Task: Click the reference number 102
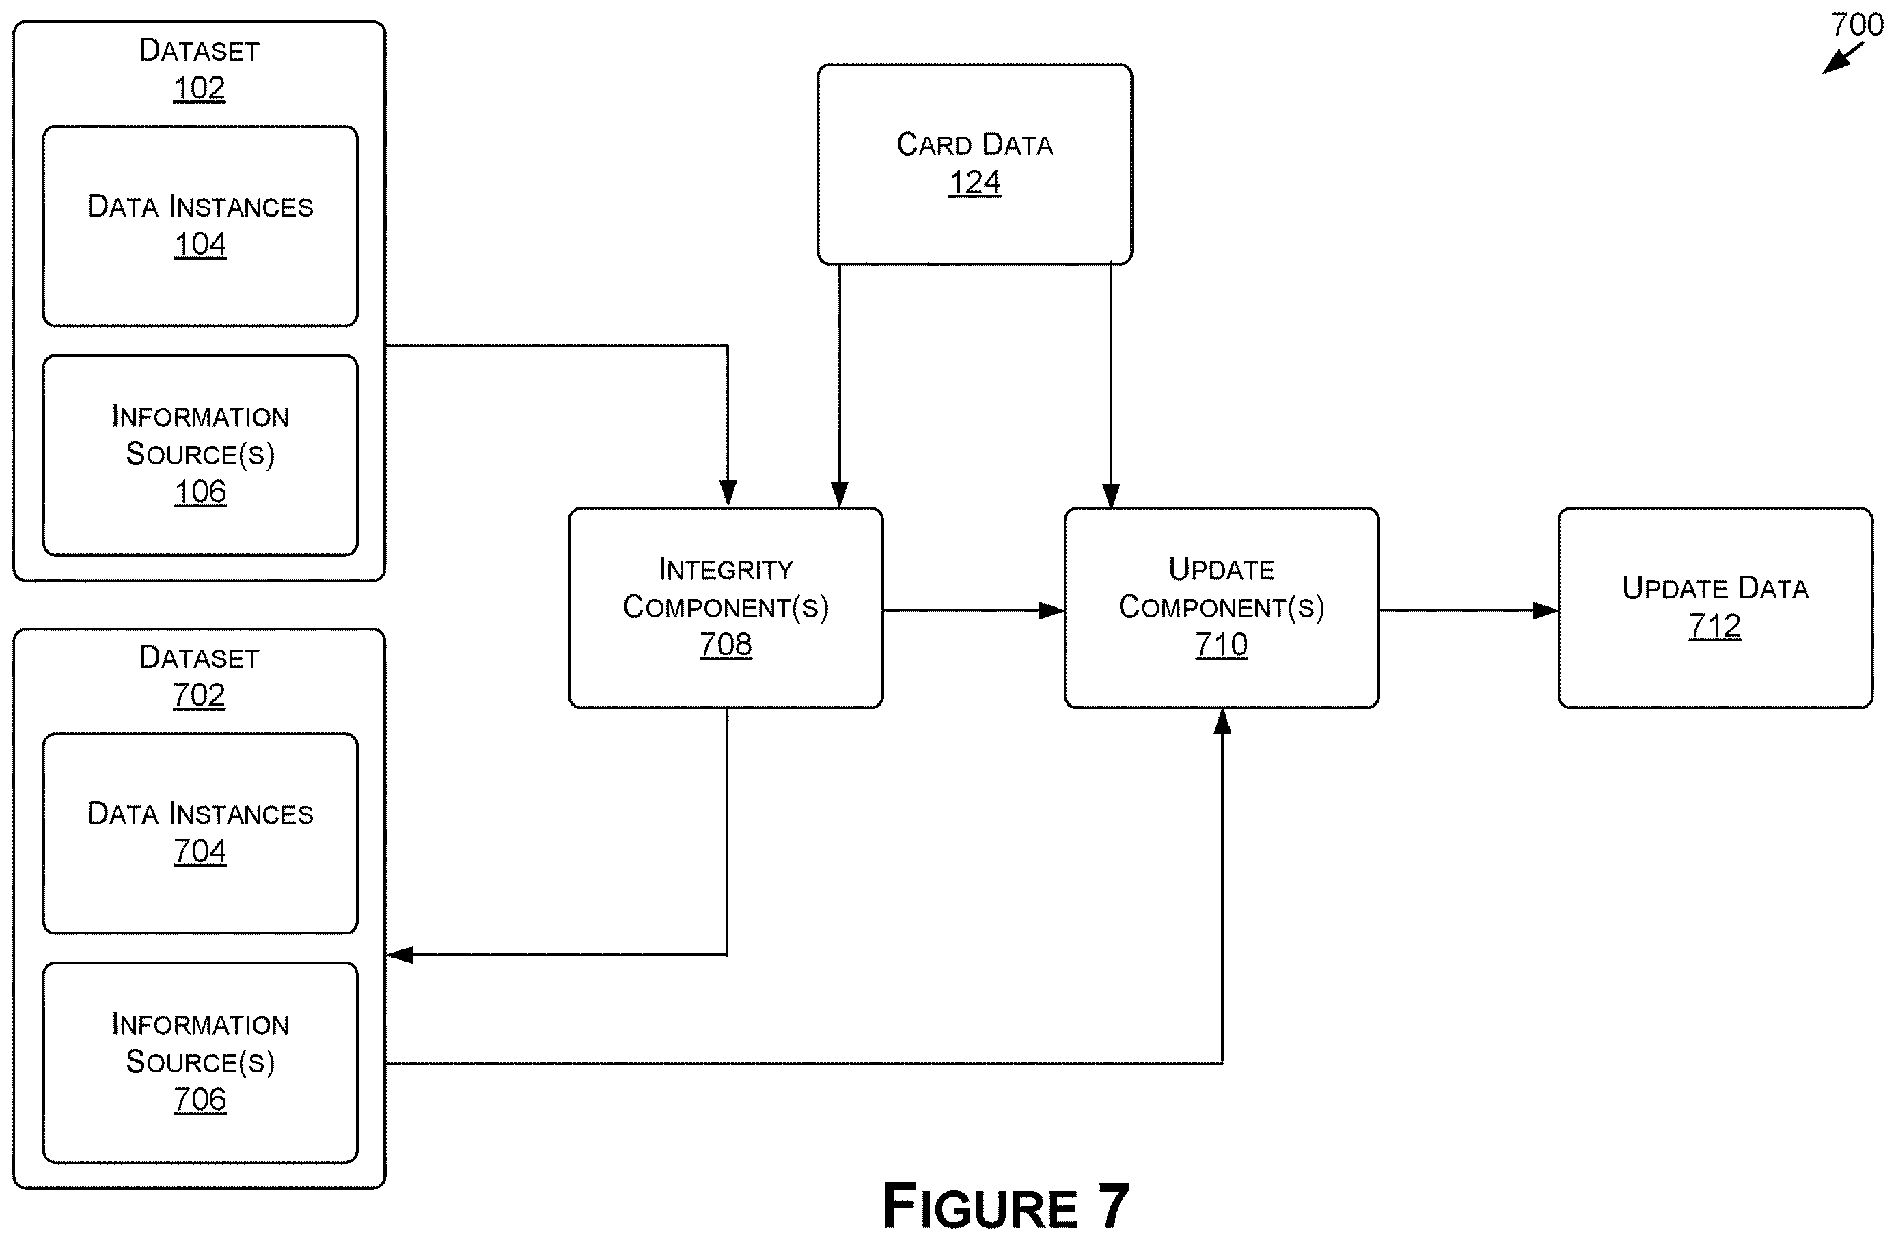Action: (199, 87)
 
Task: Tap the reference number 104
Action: (200, 244)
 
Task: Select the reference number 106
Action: (200, 492)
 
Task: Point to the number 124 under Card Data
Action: (974, 182)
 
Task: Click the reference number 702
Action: (199, 695)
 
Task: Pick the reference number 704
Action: (200, 851)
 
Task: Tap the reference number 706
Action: (200, 1099)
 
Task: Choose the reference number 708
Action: (726, 644)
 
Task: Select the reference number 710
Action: (1221, 644)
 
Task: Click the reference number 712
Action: (1715, 626)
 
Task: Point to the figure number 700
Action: (1857, 25)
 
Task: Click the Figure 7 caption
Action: (1006, 1206)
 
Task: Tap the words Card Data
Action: (974, 144)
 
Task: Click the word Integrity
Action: (726, 569)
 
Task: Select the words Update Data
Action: (1715, 588)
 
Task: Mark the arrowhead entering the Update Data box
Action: (1546, 611)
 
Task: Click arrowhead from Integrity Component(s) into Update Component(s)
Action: (1052, 611)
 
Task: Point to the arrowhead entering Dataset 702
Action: (400, 954)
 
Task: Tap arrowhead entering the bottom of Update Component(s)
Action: (1222, 721)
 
